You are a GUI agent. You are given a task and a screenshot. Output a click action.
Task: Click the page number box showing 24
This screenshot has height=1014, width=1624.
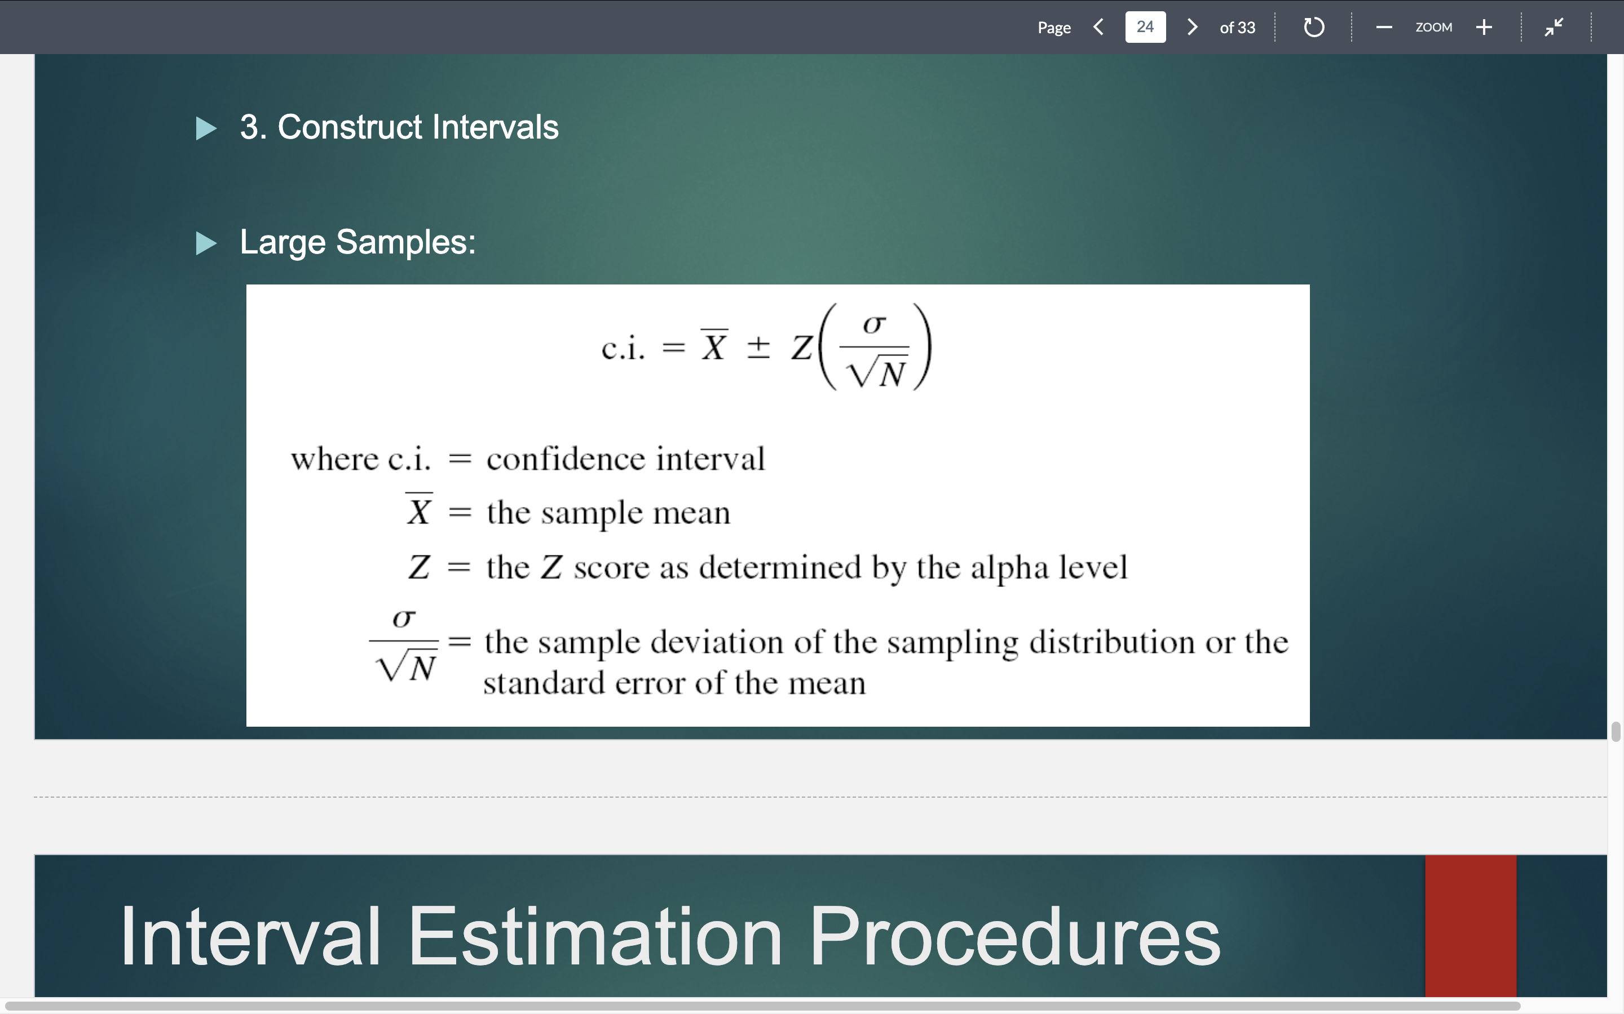coord(1145,27)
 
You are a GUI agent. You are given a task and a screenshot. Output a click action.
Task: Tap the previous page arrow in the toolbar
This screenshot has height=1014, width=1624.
coord(1098,27)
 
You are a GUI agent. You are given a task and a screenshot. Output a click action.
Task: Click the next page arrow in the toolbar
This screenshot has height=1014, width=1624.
coord(1192,27)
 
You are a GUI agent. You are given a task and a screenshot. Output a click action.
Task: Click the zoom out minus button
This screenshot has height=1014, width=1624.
coord(1384,28)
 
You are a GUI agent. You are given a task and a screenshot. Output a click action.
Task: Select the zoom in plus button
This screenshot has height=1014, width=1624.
coord(1484,28)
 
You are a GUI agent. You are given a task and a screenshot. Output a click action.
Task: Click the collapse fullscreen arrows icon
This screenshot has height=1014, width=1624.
coord(1554,28)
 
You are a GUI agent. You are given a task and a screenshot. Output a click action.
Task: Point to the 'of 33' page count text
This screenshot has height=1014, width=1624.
coord(1237,28)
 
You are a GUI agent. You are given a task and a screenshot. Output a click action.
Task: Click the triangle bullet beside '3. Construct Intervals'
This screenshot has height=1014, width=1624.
coord(206,128)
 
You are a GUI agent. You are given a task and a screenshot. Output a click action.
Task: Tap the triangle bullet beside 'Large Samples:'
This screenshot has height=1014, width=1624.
coord(206,243)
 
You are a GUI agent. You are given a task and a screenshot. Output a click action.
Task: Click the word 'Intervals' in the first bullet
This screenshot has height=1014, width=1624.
coord(495,127)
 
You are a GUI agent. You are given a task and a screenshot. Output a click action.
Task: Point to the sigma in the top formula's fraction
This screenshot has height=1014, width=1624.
coord(873,324)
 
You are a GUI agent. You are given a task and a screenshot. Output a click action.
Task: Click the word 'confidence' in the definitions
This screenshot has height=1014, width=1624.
coord(566,459)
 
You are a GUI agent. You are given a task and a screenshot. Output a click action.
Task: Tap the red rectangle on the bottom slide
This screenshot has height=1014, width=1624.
coord(1470,926)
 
